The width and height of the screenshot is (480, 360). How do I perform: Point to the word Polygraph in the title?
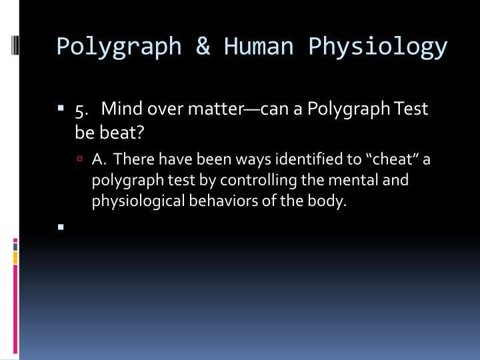(119, 46)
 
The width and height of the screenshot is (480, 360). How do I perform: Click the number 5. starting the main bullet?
(83, 109)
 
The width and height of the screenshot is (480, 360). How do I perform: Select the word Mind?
(119, 109)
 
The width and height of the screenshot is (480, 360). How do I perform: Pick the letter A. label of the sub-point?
(100, 160)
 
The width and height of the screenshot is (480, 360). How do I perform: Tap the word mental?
(358, 181)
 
